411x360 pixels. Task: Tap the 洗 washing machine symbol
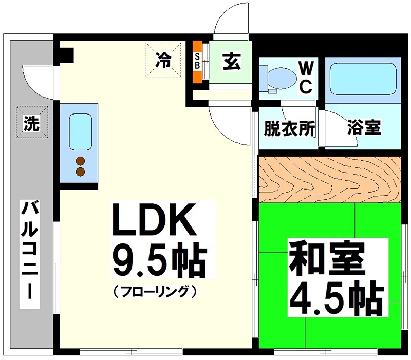[32, 123]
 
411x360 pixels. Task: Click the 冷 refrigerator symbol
[163, 61]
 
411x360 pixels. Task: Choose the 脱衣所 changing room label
[289, 128]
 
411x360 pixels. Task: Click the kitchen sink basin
[79, 130]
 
